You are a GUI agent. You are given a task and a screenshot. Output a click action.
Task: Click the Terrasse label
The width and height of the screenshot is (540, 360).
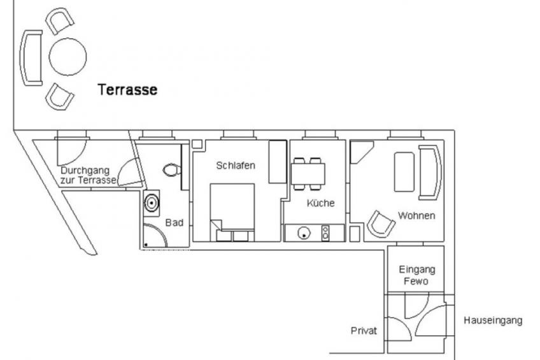(127, 90)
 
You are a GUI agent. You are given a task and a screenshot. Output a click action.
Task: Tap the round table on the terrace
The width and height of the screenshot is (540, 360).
(67, 57)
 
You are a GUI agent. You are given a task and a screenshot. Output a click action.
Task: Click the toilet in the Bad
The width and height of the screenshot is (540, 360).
(172, 170)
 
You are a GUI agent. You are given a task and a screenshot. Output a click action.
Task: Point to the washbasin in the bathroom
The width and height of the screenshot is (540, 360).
(152, 203)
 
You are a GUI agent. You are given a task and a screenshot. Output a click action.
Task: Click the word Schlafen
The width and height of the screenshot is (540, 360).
(236, 166)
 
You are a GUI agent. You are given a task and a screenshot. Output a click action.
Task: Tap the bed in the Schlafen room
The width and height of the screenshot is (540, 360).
(232, 212)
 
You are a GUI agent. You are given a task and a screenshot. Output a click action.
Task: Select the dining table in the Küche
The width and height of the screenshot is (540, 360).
(308, 174)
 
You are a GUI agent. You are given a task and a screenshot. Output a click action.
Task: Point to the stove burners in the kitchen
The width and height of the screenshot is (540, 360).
(325, 233)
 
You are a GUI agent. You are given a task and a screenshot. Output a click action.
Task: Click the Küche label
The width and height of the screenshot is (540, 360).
(321, 203)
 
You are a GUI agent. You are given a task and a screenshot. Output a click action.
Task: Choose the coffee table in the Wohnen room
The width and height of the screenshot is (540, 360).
(404, 172)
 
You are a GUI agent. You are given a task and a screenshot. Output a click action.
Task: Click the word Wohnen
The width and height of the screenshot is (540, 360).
(416, 215)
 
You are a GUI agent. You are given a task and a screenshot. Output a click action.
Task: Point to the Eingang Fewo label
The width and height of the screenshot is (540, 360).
(416, 275)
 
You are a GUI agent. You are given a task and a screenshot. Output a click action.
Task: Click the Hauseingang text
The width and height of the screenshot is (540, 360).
(493, 320)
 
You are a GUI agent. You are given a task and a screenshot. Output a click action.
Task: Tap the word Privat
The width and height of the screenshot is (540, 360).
(364, 331)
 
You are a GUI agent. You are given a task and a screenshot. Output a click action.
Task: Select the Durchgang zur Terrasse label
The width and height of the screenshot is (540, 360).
(89, 175)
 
